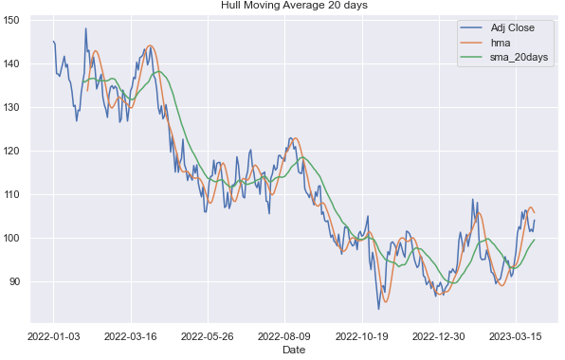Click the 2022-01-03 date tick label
tap(54, 334)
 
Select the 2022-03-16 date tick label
tap(131, 334)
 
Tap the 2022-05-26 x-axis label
tap(208, 334)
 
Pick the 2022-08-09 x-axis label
tap(284, 334)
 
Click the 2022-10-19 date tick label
tap(361, 334)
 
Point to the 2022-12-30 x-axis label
tap(438, 334)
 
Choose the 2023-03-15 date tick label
tap(515, 334)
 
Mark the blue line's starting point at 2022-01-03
tap(53, 41)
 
